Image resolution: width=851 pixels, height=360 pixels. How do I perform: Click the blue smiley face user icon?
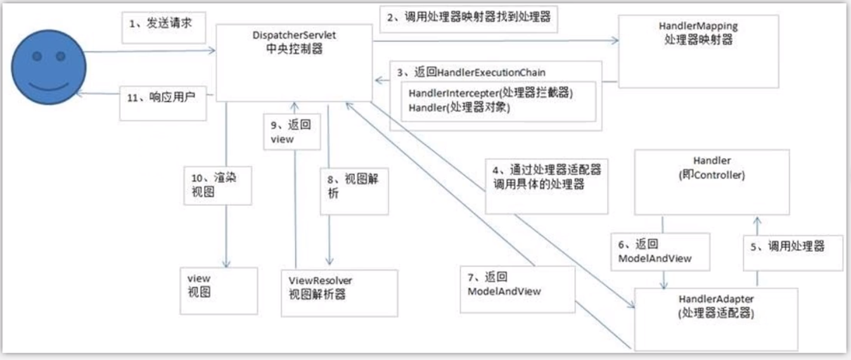tap(49, 67)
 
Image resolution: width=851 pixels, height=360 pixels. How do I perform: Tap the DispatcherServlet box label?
tap(294, 42)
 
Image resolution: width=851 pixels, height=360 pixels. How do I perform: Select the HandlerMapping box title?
tap(698, 33)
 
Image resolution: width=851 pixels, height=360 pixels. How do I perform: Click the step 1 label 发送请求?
tap(161, 23)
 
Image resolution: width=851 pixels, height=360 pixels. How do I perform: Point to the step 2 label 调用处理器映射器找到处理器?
tap(469, 17)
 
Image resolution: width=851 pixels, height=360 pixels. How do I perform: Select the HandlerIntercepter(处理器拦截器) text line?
tap(490, 93)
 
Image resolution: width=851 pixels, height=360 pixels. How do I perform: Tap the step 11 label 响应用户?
tap(161, 98)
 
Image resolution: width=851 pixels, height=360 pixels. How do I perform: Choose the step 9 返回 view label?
tap(291, 132)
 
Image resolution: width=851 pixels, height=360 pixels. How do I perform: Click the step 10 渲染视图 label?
tap(214, 184)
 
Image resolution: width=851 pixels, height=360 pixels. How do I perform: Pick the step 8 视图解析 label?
tap(353, 186)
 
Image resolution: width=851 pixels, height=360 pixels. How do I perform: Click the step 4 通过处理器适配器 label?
tap(547, 177)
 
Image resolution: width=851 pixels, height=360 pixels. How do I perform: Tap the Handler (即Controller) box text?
tap(712, 168)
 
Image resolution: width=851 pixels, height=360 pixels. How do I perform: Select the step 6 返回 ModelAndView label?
tap(655, 251)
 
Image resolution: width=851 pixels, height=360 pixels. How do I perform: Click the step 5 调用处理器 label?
tap(787, 247)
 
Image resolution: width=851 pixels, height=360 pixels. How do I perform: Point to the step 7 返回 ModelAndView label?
tap(504, 284)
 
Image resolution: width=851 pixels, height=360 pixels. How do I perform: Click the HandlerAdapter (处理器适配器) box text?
tap(716, 306)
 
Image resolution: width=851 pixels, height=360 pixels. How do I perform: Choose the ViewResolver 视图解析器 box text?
tap(320, 287)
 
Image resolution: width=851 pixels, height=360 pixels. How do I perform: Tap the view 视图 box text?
tap(199, 285)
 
